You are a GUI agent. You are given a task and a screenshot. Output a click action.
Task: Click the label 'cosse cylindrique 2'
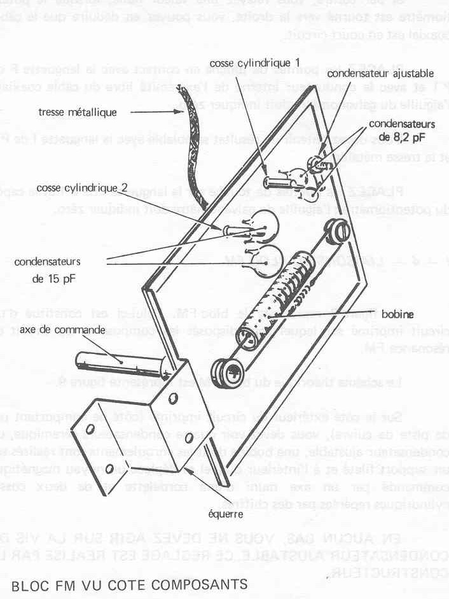coord(83,188)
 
